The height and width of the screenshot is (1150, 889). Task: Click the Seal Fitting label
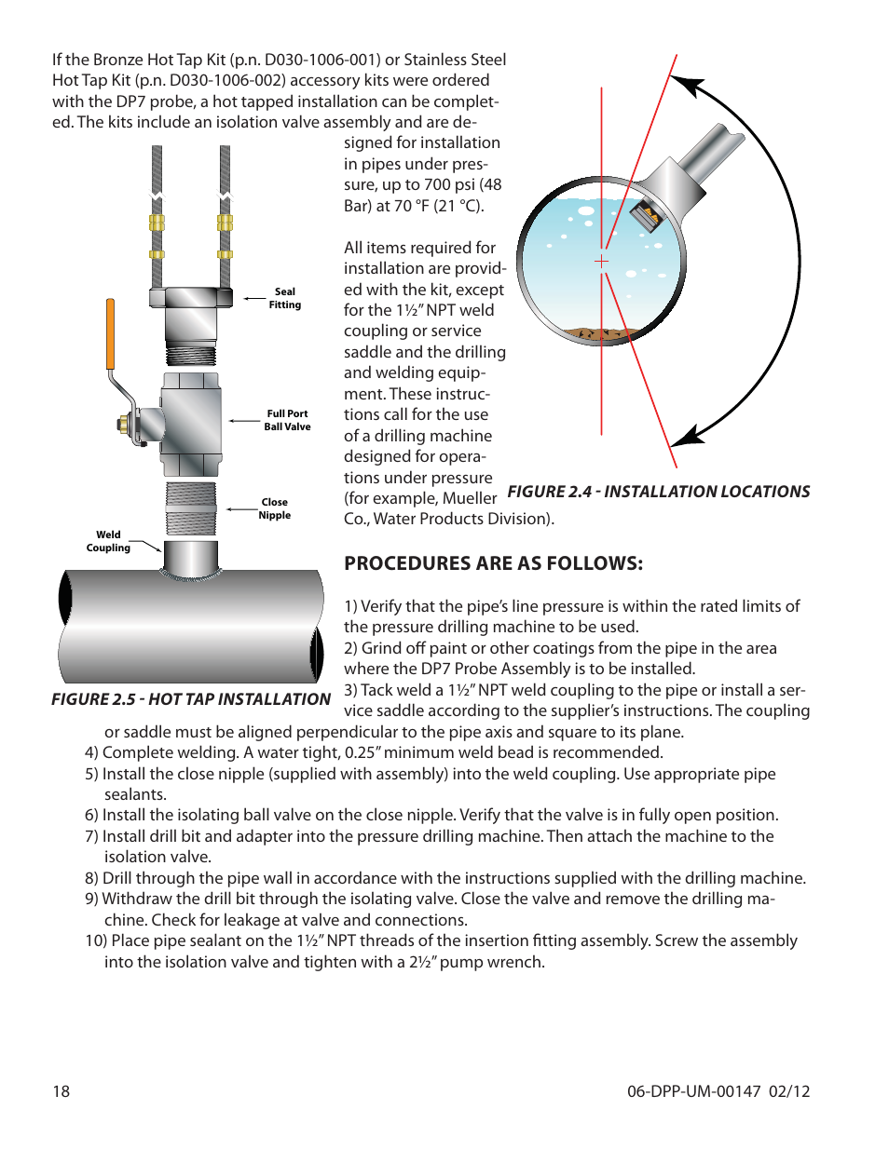(284, 298)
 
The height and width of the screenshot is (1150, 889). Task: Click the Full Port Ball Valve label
(287, 420)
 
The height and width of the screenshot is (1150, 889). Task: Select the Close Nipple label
(275, 508)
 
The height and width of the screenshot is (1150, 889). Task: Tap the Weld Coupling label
(108, 541)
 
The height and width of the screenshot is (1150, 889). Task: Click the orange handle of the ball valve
(110, 333)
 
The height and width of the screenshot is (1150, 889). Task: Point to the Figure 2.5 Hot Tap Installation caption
(191, 699)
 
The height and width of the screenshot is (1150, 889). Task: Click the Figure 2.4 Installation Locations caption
(658, 492)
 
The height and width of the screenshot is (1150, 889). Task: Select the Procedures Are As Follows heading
(493, 563)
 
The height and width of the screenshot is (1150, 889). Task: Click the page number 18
(61, 1091)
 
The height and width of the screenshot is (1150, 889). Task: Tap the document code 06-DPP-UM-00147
(693, 1091)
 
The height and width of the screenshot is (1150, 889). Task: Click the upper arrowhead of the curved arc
(688, 86)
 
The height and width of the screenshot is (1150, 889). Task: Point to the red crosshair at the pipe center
(602, 262)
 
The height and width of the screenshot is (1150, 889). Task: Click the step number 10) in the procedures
(96, 940)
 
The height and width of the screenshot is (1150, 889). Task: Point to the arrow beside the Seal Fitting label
(254, 299)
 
